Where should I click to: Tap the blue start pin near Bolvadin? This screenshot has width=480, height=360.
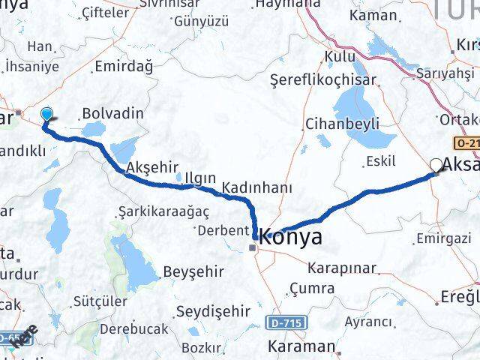(x=47, y=114)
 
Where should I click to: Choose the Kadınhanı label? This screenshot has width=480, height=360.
(x=262, y=187)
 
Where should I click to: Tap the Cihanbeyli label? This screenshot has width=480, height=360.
(x=341, y=124)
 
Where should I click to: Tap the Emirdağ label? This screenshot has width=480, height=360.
(x=124, y=67)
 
